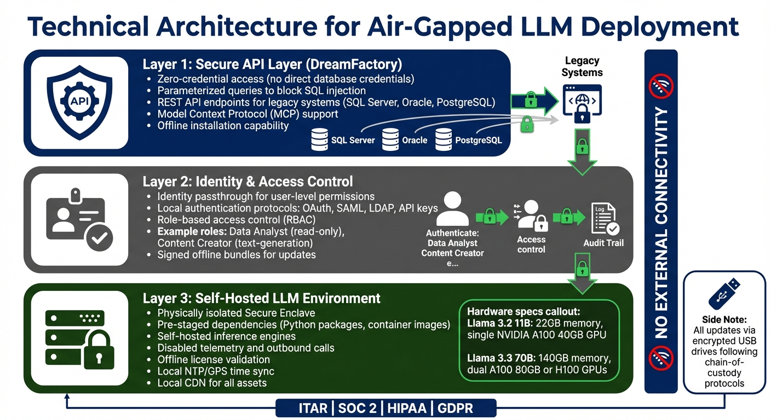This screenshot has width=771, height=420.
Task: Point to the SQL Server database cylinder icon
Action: point(319,139)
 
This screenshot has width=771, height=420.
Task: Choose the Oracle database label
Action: point(414,140)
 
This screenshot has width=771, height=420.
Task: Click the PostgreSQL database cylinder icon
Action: point(444,139)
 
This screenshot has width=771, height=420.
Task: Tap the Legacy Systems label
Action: point(582,66)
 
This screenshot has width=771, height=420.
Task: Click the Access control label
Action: point(531,244)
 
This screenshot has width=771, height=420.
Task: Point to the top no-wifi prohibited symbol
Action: point(661,86)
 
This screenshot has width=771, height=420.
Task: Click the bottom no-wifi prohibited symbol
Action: point(661,359)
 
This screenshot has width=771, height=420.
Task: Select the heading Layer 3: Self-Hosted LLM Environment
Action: point(261,299)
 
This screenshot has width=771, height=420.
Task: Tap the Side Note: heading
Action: point(724,319)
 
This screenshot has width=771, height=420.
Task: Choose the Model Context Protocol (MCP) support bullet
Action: point(248,114)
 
